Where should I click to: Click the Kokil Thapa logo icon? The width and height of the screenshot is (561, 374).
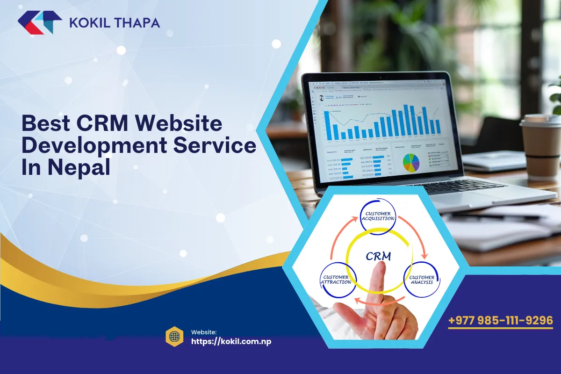(x=39, y=22)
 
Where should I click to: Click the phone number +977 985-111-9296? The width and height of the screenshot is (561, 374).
(x=500, y=321)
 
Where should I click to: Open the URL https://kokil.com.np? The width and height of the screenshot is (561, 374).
(x=231, y=341)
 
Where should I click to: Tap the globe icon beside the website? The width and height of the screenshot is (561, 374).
(x=174, y=336)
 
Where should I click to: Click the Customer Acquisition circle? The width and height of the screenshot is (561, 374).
(x=378, y=216)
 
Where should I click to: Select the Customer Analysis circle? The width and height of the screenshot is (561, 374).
(x=422, y=280)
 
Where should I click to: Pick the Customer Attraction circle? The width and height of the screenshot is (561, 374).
(x=336, y=280)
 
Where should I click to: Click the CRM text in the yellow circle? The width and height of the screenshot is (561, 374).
(x=378, y=256)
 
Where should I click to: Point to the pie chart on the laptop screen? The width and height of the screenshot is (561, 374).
(x=411, y=162)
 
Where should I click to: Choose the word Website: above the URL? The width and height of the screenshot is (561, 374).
(x=203, y=332)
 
